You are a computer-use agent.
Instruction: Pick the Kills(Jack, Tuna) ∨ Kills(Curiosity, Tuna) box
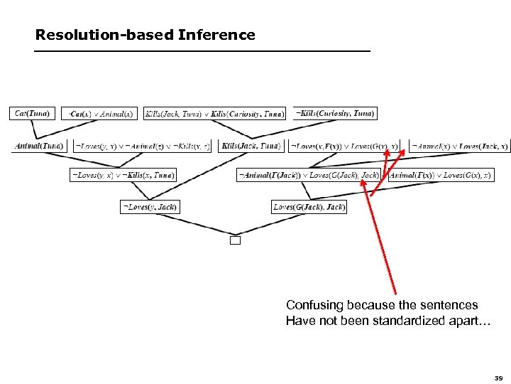point(214,113)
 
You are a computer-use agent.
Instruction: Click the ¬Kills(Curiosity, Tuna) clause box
point(335,113)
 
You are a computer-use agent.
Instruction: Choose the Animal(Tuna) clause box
point(38,146)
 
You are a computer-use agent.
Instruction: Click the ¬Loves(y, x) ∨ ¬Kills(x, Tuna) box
point(123,175)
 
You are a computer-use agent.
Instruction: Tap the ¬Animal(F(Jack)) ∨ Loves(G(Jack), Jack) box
point(309,175)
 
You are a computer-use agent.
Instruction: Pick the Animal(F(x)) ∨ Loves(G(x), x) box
point(440,175)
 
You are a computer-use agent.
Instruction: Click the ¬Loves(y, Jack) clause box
point(149,207)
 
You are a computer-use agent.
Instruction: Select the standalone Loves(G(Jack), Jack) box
point(309,207)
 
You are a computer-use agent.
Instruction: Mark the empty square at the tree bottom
point(236,240)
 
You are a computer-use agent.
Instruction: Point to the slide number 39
point(498,378)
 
